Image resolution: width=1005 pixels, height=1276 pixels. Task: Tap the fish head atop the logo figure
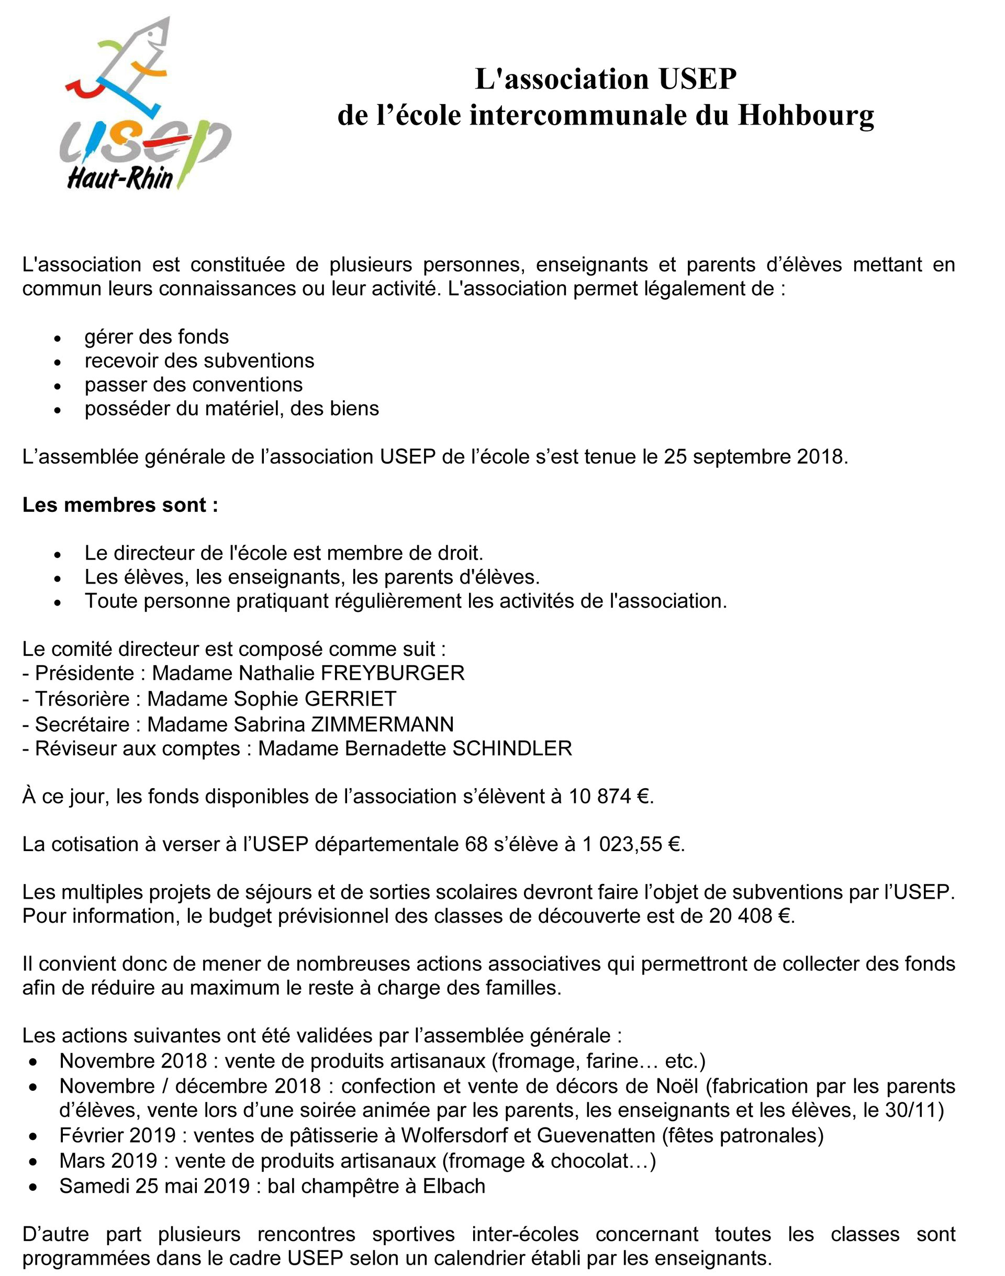[x=154, y=39]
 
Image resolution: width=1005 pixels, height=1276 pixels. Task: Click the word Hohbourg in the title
[x=806, y=115]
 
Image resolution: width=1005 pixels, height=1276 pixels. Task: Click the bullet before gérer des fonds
[x=57, y=339]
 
